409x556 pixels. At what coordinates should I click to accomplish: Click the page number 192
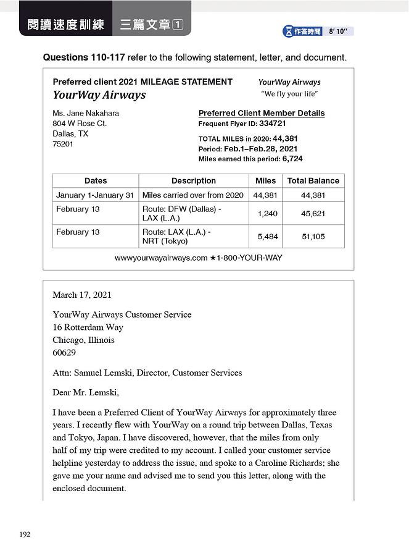pyautogui.click(x=25, y=534)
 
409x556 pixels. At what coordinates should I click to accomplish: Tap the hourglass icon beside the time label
pyautogui.click(x=288, y=31)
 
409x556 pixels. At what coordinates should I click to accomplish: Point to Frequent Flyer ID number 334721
pyautogui.click(x=272, y=124)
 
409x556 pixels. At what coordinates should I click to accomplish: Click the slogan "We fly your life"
pyautogui.click(x=289, y=94)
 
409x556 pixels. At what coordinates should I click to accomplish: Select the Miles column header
pyautogui.click(x=265, y=181)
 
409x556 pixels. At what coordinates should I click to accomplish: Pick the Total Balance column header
pyautogui.click(x=313, y=181)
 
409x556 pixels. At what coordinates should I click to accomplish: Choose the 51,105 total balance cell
pyautogui.click(x=313, y=237)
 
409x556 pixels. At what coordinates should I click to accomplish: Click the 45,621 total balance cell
pyautogui.click(x=313, y=214)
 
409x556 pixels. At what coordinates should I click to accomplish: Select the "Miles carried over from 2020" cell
pyautogui.click(x=192, y=195)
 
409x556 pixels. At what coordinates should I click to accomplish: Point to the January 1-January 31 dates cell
pyautogui.click(x=95, y=195)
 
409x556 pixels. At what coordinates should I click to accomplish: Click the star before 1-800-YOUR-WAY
pyautogui.click(x=213, y=258)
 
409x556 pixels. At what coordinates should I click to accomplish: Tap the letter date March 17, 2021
pyautogui.click(x=82, y=295)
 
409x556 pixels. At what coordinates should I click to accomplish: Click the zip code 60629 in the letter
pyautogui.click(x=64, y=353)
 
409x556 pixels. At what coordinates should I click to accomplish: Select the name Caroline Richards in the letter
pyautogui.click(x=296, y=463)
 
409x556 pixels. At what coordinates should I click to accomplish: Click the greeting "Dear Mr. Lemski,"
pyautogui.click(x=86, y=392)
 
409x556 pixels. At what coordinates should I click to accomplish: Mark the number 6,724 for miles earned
pyautogui.click(x=292, y=159)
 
